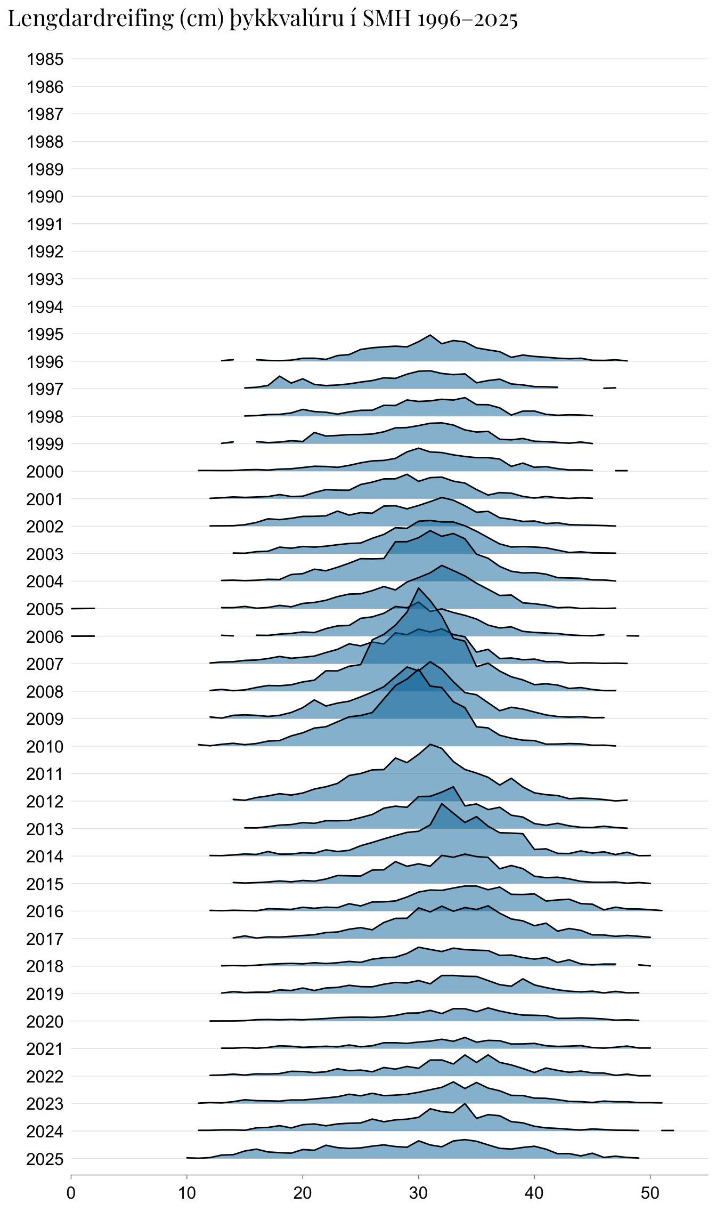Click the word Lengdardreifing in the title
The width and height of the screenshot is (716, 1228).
click(91, 20)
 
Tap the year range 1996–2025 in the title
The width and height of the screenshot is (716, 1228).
click(468, 20)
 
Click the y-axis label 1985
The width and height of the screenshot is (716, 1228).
click(45, 59)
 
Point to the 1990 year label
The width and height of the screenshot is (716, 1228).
click(45, 197)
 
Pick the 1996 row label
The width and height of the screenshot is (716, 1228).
click(45, 362)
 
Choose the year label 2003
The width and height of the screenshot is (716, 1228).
click(45, 554)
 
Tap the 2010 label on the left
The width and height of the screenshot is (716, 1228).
click(45, 747)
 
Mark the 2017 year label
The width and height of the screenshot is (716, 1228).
click(45, 939)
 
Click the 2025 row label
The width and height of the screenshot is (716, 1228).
click(45, 1159)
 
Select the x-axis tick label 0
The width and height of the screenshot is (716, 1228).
click(71, 1193)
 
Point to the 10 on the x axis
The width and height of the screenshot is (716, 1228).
click(187, 1193)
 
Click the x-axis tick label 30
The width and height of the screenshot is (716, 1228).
click(419, 1193)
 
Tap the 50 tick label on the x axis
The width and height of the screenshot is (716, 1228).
click(650, 1193)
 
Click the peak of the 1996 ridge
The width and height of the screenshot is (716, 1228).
click(430, 335)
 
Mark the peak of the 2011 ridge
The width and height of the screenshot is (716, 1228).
click(430, 744)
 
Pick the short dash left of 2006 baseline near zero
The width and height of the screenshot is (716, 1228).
click(83, 636)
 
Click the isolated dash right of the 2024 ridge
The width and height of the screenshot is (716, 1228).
click(668, 1130)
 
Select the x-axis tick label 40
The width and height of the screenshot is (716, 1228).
click(534, 1193)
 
